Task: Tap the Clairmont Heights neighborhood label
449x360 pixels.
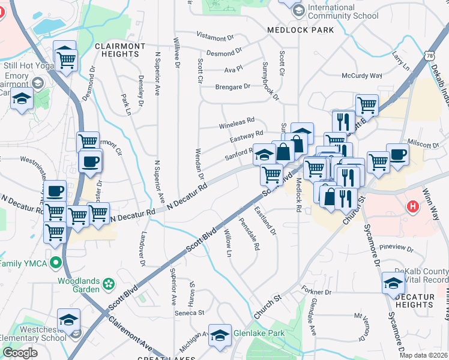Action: [120, 50]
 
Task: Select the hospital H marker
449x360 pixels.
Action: [412, 208]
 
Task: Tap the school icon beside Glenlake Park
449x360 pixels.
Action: [220, 335]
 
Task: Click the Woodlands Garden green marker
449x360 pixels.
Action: [109, 282]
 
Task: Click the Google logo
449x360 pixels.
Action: [20, 352]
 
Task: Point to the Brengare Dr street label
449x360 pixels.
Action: [233, 86]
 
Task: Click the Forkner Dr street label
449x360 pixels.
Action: [317, 292]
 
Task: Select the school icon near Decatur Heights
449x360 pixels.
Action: [393, 284]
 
